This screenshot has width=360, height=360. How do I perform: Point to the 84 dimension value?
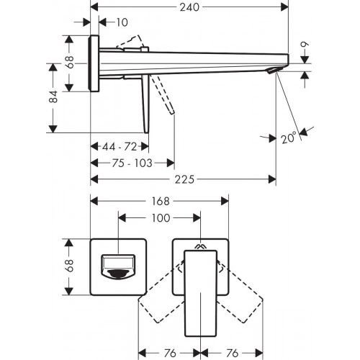click(53, 97)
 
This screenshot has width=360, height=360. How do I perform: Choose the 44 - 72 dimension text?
click(120, 147)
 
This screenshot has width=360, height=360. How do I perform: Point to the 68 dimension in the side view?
click(70, 62)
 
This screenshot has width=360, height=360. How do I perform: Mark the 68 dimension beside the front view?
click(70, 266)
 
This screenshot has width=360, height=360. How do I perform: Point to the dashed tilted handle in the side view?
click(165, 94)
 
